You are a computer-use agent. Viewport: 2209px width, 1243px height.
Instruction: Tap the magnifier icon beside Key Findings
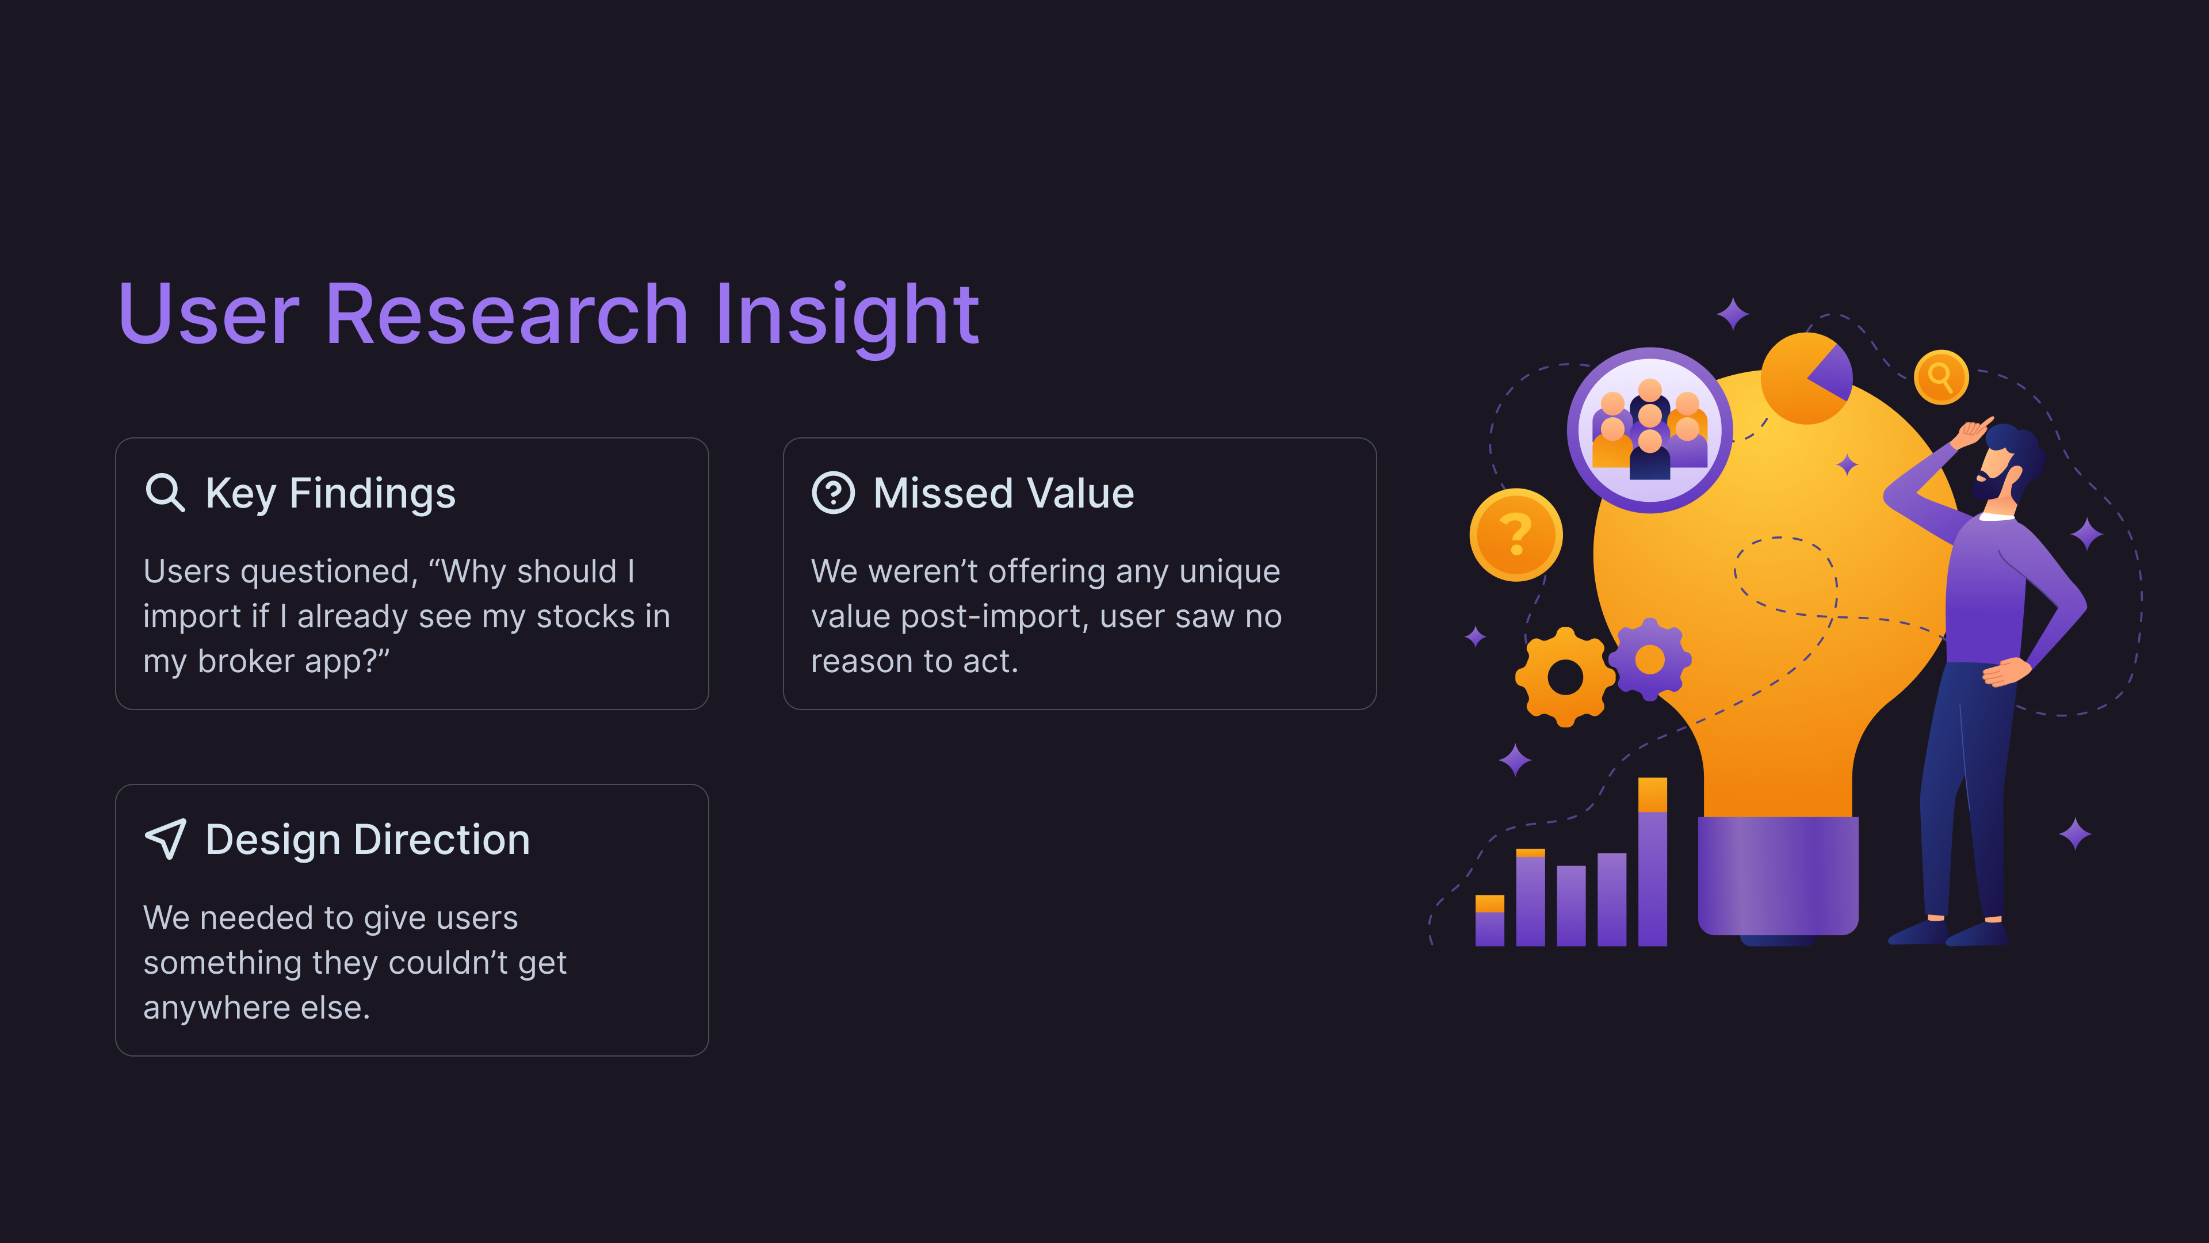tap(165, 493)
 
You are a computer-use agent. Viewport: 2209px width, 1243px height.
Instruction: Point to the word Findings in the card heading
tap(372, 494)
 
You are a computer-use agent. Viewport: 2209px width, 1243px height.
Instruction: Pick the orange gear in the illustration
tap(1565, 677)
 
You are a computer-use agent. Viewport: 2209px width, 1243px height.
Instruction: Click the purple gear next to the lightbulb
tap(1650, 659)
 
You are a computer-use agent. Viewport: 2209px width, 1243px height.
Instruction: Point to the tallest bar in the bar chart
tap(1653, 861)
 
